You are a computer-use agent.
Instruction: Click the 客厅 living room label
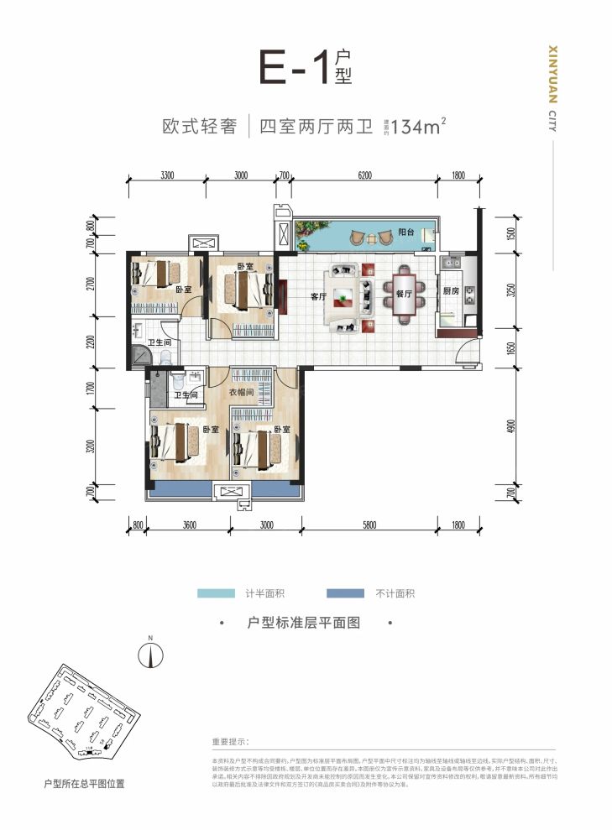click(317, 296)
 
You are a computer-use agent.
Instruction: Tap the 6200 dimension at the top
click(363, 175)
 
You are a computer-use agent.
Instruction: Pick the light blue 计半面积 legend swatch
click(217, 593)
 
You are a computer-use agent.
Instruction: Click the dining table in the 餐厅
click(404, 295)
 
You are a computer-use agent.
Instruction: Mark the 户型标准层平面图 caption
click(305, 624)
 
